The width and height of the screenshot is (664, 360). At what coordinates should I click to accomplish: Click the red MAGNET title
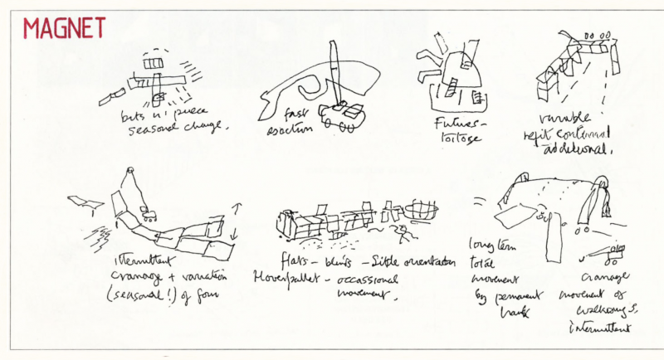[x=64, y=28]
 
